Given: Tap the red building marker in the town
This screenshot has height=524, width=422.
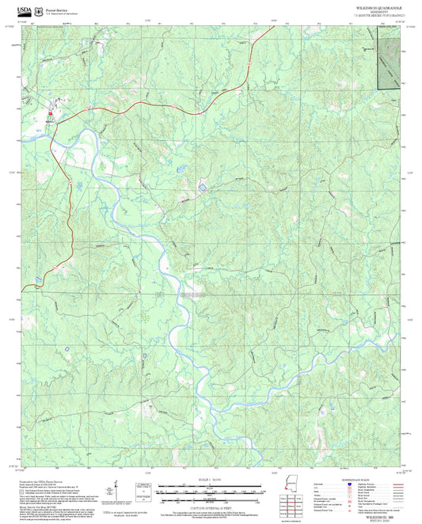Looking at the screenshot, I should point(49,113).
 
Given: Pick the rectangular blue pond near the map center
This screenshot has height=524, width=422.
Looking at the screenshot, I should point(202,188).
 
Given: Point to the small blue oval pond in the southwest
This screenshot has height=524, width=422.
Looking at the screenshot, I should point(144,356).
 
